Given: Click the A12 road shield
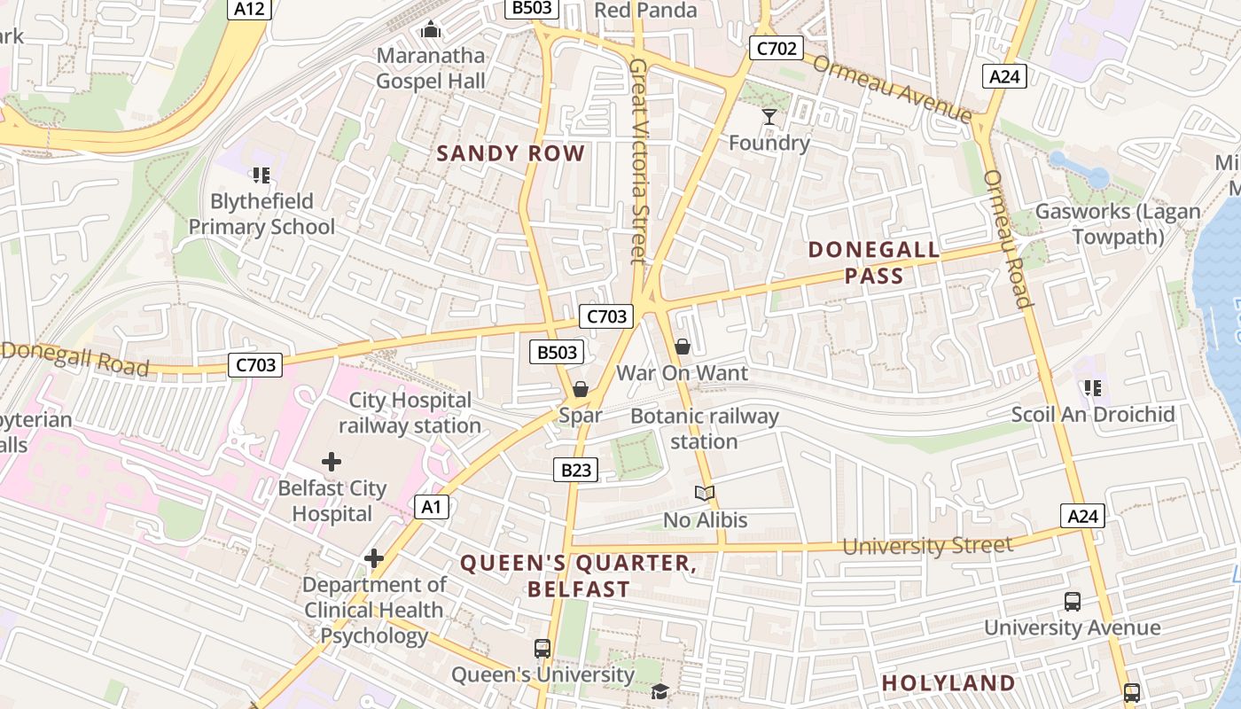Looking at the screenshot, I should click(x=249, y=9).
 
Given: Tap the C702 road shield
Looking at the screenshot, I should click(x=776, y=48).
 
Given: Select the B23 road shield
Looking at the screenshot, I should click(x=575, y=470).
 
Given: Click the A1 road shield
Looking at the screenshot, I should click(x=431, y=507).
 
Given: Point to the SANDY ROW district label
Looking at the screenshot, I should click(x=511, y=153).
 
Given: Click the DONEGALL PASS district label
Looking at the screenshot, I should click(x=874, y=262).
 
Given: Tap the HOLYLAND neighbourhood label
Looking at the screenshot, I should click(x=948, y=682).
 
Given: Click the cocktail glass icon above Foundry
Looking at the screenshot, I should click(x=769, y=116).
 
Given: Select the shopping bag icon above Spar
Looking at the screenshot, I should click(x=580, y=389).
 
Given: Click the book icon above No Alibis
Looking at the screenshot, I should click(x=705, y=493).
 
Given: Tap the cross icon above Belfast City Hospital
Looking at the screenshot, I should click(x=332, y=462).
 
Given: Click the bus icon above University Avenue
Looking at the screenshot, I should click(x=1072, y=602).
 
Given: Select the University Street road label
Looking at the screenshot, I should click(x=926, y=545).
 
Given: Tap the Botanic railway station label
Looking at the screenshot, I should click(x=705, y=428).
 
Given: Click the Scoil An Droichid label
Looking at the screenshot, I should click(x=1093, y=415).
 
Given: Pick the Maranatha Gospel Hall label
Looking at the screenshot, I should click(x=431, y=68).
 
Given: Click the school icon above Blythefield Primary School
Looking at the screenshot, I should click(x=261, y=175).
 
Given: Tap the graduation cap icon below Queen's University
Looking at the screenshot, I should click(x=660, y=691).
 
